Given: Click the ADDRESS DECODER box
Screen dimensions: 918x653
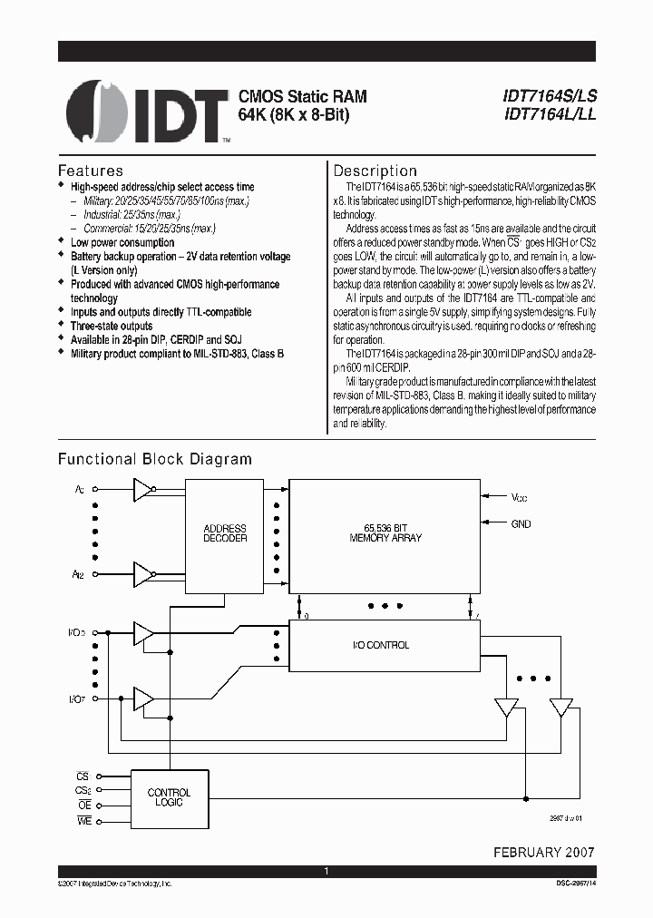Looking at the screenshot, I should click(x=225, y=533).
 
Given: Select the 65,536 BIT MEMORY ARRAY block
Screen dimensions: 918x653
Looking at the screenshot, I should click(x=385, y=532).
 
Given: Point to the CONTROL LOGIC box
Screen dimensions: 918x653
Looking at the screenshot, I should click(x=169, y=796).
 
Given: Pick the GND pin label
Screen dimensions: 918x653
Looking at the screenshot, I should click(x=521, y=523).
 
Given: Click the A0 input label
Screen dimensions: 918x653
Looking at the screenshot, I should click(x=80, y=490).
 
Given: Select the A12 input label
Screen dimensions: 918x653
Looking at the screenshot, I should click(x=81, y=573).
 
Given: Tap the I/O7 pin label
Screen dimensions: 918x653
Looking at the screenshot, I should click(x=79, y=698).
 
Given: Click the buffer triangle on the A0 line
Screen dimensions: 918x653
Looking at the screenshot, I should click(x=141, y=490).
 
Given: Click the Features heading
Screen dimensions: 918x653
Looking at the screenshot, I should click(x=91, y=171).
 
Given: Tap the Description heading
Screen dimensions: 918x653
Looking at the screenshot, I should click(x=375, y=171).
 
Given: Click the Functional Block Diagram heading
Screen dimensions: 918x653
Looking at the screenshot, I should click(x=155, y=459).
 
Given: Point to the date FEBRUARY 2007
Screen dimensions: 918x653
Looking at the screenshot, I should click(x=544, y=853).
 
